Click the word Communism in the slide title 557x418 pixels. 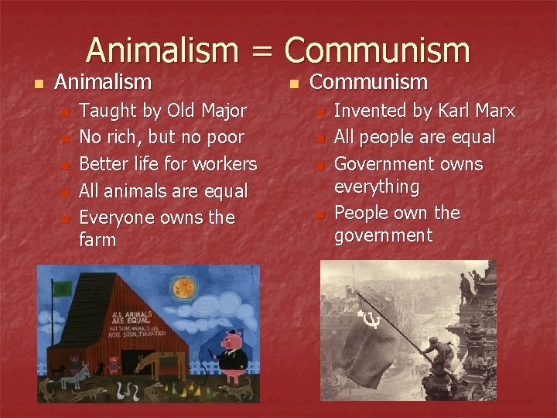[x=377, y=50]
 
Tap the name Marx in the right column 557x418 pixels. [x=494, y=111]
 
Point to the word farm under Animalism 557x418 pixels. [x=97, y=241]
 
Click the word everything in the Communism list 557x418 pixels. [x=377, y=187]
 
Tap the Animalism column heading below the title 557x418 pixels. [x=103, y=81]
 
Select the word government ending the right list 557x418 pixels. [x=383, y=236]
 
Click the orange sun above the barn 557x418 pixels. [x=183, y=290]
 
